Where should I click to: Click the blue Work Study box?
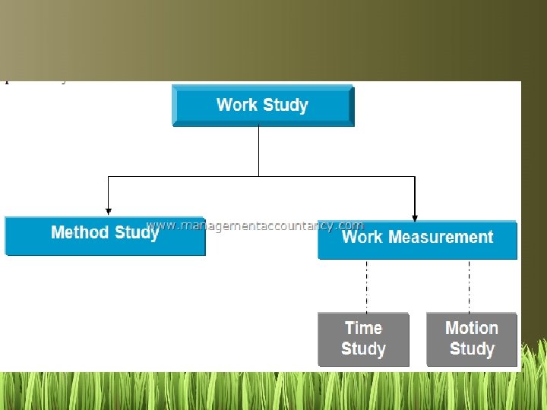263,105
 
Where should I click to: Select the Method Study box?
105,236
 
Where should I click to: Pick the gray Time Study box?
363,339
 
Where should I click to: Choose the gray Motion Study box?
472,339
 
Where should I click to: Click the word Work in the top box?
236,105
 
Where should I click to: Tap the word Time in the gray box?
363,328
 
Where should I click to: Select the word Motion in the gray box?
472,328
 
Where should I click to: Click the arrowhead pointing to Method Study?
109,211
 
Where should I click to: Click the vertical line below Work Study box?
258,150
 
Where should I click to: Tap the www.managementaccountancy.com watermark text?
255,225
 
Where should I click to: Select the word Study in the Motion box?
472,349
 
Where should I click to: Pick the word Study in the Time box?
363,349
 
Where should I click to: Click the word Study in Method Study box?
137,232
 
